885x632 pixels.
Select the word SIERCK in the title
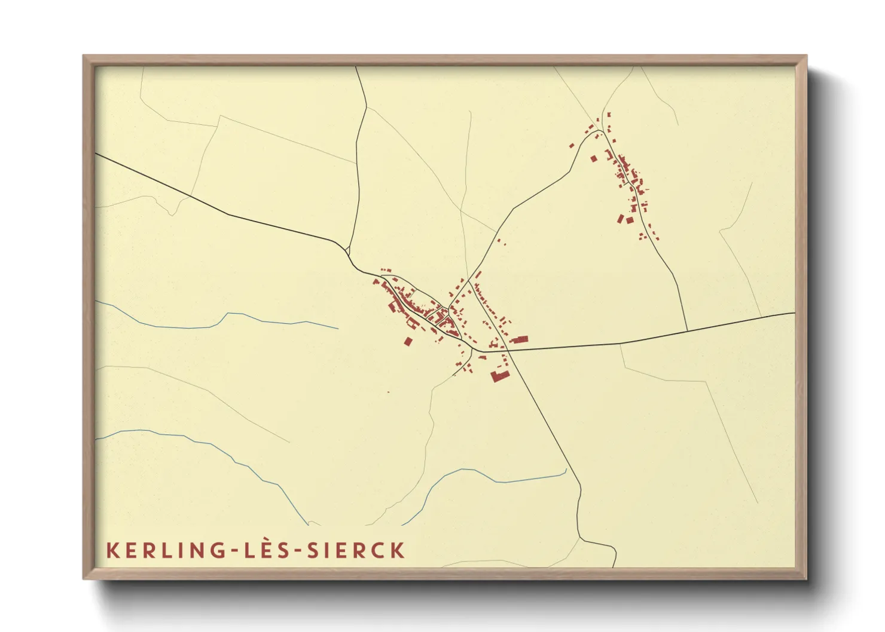356,550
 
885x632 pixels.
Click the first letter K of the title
111,550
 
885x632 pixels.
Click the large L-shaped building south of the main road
498,376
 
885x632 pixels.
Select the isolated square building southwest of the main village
408,342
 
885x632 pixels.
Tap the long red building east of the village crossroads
518,339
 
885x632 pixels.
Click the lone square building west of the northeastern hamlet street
594,159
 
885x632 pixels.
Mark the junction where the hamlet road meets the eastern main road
687,330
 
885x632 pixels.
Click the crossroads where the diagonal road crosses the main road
508,350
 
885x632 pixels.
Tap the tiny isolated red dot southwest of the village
388,392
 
